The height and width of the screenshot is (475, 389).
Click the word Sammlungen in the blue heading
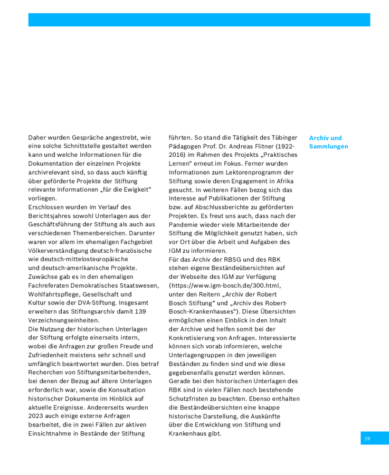[328, 146]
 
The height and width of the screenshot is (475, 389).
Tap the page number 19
[367, 439]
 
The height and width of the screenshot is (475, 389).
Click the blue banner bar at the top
[199, 20]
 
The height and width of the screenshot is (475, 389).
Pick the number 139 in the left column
[140, 311]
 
